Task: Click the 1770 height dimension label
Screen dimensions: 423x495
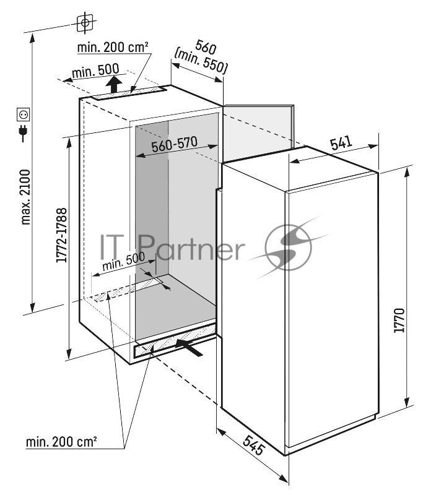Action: coord(399,320)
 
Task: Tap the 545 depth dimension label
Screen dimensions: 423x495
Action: coord(254,445)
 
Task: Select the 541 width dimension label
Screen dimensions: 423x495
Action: coord(341,143)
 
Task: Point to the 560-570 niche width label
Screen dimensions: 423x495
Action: coord(175,144)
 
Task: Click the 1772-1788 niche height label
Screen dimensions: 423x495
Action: coord(61,235)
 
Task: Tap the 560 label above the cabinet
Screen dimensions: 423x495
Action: coord(206,47)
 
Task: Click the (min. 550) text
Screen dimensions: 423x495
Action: coord(201,61)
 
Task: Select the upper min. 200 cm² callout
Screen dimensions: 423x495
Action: coord(113,48)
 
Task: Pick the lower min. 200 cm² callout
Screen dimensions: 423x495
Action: coord(61,442)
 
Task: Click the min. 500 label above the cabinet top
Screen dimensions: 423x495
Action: coord(95,71)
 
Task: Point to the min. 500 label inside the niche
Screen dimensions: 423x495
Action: coord(124,261)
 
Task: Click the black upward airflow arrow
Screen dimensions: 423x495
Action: coord(114,85)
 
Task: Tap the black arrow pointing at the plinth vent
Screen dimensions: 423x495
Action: coord(190,347)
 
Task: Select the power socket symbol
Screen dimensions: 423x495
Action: coord(24,114)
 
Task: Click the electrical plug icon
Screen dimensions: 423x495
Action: coord(24,133)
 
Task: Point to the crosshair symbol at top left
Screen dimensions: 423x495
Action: coord(85,22)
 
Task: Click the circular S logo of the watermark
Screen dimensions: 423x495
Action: coord(288,247)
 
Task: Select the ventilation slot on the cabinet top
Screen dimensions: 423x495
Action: coord(129,93)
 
